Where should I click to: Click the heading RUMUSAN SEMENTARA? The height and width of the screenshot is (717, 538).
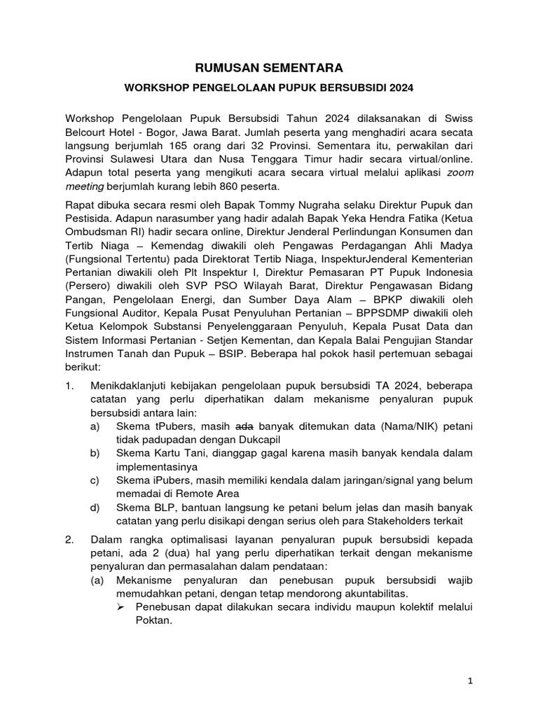click(x=268, y=68)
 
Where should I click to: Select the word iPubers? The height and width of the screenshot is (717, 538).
click(x=174, y=480)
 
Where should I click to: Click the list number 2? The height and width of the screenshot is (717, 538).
click(x=69, y=540)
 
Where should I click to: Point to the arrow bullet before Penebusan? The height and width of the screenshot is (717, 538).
click(x=120, y=606)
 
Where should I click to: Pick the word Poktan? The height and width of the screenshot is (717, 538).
click(x=153, y=620)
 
